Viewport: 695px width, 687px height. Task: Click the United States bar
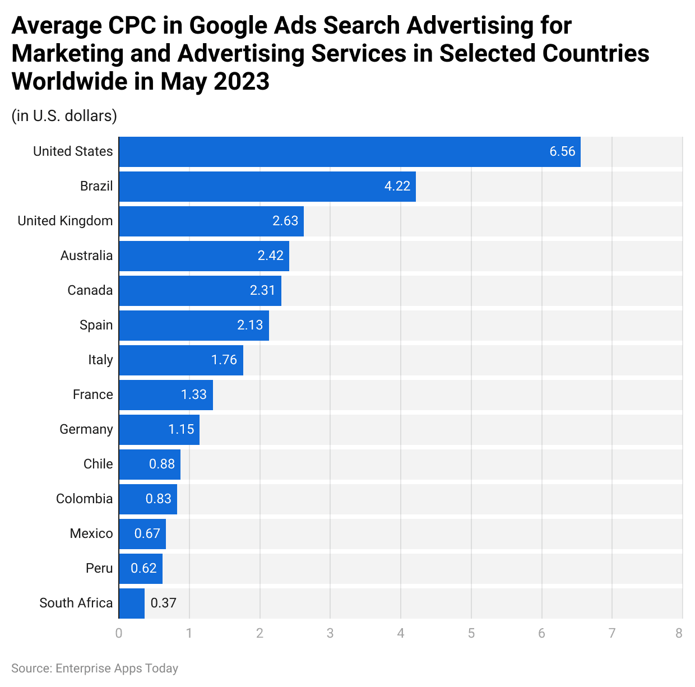pyautogui.click(x=349, y=152)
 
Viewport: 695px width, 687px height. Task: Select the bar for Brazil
pyautogui.click(x=267, y=187)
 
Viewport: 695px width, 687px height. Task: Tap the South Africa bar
pyautogui.click(x=132, y=604)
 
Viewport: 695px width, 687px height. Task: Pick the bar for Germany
pyautogui.click(x=159, y=430)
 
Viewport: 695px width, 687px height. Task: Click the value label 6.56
pyautogui.click(x=562, y=152)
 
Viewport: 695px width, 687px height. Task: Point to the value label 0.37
pyautogui.click(x=164, y=604)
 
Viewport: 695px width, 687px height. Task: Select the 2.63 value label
pyautogui.click(x=285, y=221)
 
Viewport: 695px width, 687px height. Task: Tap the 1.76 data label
pyautogui.click(x=224, y=360)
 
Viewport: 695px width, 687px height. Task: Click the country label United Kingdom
pyautogui.click(x=65, y=221)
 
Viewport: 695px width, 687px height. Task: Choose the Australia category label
pyautogui.click(x=86, y=256)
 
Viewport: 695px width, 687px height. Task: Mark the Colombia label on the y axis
pyautogui.click(x=84, y=499)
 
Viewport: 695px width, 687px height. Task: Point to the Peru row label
pyautogui.click(x=99, y=569)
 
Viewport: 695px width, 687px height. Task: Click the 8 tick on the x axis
pyautogui.click(x=679, y=634)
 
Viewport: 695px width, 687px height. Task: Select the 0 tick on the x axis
pyautogui.click(x=119, y=634)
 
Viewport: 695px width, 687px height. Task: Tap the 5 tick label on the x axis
pyautogui.click(x=471, y=634)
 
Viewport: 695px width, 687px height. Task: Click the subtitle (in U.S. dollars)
pyautogui.click(x=64, y=116)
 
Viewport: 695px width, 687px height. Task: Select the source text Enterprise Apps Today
pyautogui.click(x=117, y=669)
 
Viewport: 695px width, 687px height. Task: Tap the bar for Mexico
pyautogui.click(x=142, y=534)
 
